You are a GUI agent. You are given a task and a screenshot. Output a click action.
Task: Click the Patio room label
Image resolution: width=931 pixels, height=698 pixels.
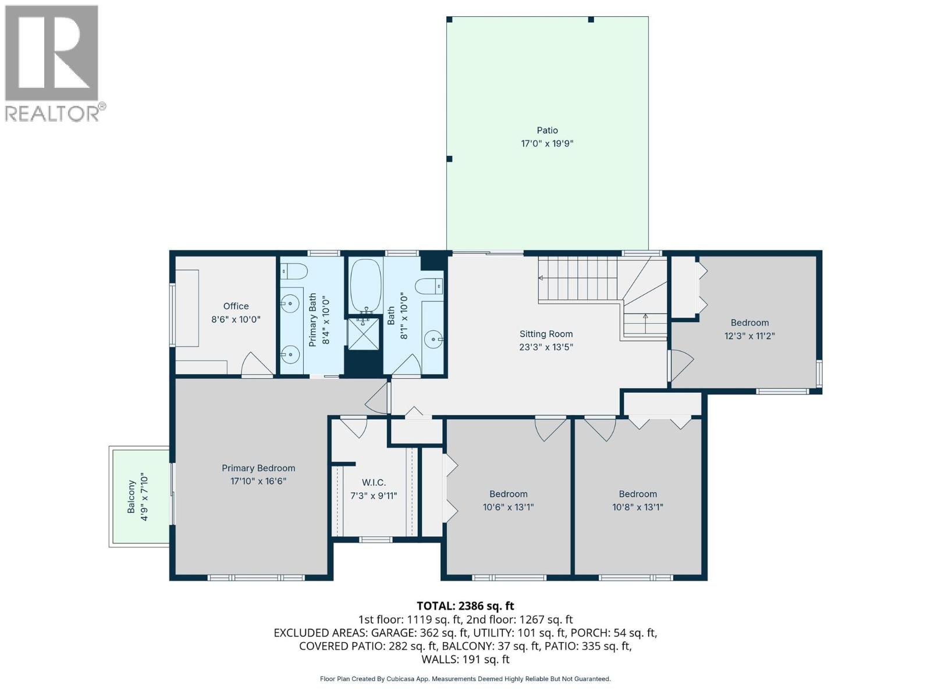[547, 130]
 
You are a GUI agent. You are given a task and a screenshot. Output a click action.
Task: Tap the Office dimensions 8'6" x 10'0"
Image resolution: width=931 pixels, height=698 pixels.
[236, 319]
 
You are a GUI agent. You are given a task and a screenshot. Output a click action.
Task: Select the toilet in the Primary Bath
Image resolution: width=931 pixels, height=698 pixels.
[294, 271]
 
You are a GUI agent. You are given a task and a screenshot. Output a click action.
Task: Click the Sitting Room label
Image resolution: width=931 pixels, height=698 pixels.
[546, 334]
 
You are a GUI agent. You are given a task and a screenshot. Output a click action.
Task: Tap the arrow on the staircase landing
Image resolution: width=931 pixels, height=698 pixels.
[645, 318]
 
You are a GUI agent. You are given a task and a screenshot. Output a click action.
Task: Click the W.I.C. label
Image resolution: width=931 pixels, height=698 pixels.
[374, 483]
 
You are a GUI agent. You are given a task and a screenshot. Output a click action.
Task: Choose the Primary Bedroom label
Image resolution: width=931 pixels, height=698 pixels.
[258, 468]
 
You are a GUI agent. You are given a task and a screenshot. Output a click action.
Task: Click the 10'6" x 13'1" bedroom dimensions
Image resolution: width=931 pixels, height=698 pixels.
[508, 507]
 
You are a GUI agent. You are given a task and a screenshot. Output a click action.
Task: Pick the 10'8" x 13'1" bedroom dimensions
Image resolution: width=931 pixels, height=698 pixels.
[638, 507]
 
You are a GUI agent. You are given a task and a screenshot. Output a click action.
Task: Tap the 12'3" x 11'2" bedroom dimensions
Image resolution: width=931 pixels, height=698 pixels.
[749, 336]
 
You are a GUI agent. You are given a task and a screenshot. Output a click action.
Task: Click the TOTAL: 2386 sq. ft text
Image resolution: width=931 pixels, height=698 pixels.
[465, 606]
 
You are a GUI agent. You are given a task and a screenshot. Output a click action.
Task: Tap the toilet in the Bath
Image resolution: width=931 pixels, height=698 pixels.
[430, 286]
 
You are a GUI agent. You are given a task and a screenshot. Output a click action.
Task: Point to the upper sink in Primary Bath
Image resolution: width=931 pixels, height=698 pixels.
[289, 302]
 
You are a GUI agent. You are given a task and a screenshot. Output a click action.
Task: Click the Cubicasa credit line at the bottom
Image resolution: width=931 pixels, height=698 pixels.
[465, 679]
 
